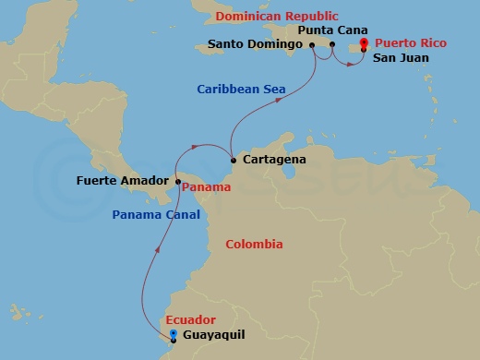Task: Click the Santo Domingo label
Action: pyautogui.click(x=257, y=44)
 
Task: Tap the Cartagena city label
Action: pyautogui.click(x=273, y=160)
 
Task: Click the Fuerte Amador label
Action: pyautogui.click(x=120, y=182)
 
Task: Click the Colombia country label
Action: pyautogui.click(x=254, y=245)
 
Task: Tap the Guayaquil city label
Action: pyautogui.click(x=214, y=335)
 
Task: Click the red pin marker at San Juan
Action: pyautogui.click(x=364, y=42)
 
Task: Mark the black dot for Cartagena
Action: pyautogui.click(x=233, y=160)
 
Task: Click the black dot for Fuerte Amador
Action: pyautogui.click(x=178, y=182)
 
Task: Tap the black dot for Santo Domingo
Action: pyautogui.click(x=312, y=44)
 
